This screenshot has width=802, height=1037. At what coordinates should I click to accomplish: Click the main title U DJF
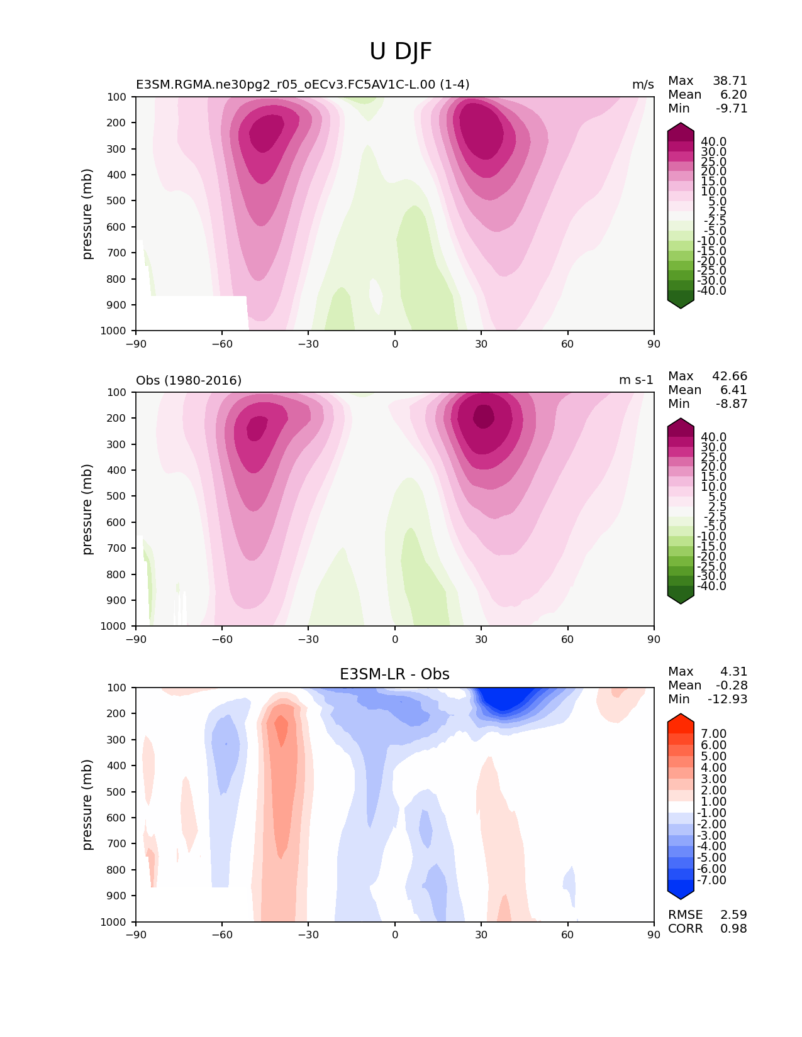coord(401,52)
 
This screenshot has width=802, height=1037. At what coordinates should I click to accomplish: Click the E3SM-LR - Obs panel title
coord(394,674)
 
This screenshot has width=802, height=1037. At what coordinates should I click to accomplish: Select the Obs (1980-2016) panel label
coord(189,380)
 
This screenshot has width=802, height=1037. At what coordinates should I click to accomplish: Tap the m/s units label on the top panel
coord(643,85)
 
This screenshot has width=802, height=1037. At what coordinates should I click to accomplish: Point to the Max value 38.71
coord(730,81)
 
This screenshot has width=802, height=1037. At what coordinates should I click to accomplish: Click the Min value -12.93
coord(727,700)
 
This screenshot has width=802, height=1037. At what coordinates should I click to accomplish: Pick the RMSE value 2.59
coord(733,915)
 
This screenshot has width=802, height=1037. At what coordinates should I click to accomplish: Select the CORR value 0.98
coord(733,929)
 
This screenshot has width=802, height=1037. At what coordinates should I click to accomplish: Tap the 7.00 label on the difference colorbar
coord(713,734)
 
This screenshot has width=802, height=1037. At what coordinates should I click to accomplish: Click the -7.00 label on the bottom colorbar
coord(712,881)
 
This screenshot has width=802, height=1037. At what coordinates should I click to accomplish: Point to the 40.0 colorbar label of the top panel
coord(713,142)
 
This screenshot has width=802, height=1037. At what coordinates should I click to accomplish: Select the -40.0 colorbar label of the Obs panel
coord(712,586)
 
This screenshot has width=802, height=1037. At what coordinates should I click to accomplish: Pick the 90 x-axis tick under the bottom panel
coord(654,935)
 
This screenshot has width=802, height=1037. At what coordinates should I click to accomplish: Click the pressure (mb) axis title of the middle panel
coord(87,509)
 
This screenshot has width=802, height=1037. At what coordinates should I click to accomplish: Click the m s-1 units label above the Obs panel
coord(636,380)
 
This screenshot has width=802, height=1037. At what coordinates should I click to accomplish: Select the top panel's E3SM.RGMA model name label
coord(303,85)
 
